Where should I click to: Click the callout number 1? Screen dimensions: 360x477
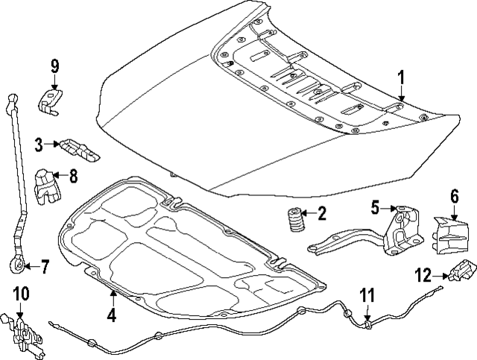(x=400, y=78)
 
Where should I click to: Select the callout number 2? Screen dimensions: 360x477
(x=322, y=215)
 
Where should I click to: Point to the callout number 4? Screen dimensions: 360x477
(x=111, y=315)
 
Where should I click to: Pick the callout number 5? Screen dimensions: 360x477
(x=376, y=206)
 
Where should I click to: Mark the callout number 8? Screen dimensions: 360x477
(x=73, y=177)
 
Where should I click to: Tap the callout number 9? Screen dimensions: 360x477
(x=54, y=66)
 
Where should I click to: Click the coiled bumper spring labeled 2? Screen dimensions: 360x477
(x=293, y=221)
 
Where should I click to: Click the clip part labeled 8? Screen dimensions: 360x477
(x=48, y=186)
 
